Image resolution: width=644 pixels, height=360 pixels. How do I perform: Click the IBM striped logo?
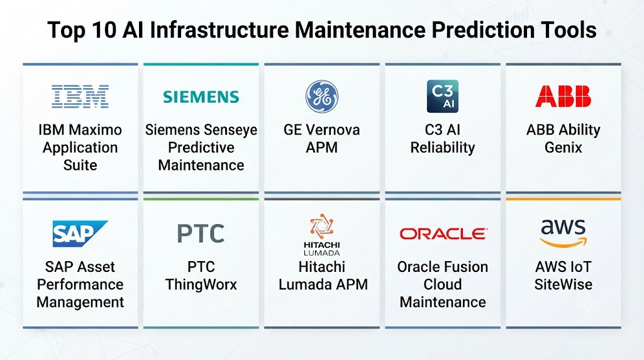click(x=80, y=96)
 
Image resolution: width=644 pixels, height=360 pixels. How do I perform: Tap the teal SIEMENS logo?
click(x=201, y=97)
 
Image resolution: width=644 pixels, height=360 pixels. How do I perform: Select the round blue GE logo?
click(x=322, y=96)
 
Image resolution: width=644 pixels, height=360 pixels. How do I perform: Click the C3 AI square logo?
click(x=442, y=96)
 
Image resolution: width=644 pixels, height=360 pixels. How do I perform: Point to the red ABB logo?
click(x=563, y=96)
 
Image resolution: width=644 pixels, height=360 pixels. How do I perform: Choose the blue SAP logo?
click(x=80, y=233)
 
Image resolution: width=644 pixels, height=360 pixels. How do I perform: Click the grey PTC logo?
click(x=201, y=233)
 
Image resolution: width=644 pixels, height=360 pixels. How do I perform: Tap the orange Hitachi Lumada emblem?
click(x=321, y=226)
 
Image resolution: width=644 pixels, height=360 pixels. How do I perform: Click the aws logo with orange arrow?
click(x=563, y=233)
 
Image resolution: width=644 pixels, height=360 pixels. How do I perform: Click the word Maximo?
click(x=96, y=130)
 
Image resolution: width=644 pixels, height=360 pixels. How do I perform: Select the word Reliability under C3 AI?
click(x=443, y=147)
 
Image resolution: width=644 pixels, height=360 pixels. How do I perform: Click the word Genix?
click(x=563, y=147)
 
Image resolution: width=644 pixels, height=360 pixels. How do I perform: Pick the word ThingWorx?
click(x=201, y=284)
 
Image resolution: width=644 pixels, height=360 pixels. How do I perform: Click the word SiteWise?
click(x=563, y=284)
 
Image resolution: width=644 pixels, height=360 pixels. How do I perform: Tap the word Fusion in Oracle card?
click(x=466, y=267)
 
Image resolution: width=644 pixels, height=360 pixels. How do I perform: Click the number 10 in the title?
click(x=104, y=30)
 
